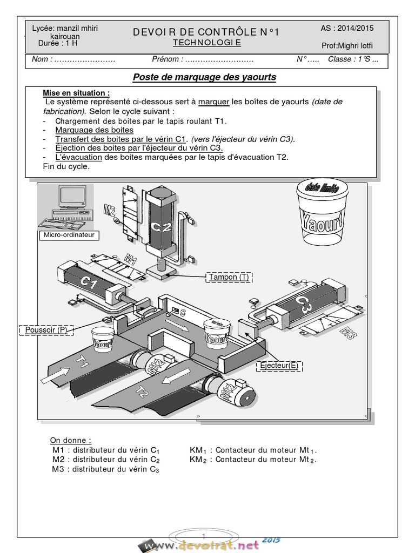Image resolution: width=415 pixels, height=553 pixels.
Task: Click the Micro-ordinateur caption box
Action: coord(68,235)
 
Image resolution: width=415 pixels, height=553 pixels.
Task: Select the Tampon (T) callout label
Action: coord(230,277)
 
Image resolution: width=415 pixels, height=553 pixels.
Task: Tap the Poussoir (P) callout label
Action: coord(46,329)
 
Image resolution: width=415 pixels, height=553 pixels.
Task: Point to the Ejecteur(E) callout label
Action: coord(279,366)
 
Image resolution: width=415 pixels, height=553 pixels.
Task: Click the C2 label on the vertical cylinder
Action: coord(162,226)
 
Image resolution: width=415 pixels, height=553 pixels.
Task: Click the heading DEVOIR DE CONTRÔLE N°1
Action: coord(206,32)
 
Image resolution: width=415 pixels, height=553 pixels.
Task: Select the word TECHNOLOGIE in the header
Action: coord(206,43)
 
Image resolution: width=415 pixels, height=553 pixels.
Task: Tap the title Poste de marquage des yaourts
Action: coord(204,77)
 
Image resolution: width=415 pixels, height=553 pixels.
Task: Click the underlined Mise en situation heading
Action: coord(76,92)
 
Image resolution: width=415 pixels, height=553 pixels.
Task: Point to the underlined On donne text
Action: coord(71,440)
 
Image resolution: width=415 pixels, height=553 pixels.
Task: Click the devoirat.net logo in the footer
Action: coord(208,546)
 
